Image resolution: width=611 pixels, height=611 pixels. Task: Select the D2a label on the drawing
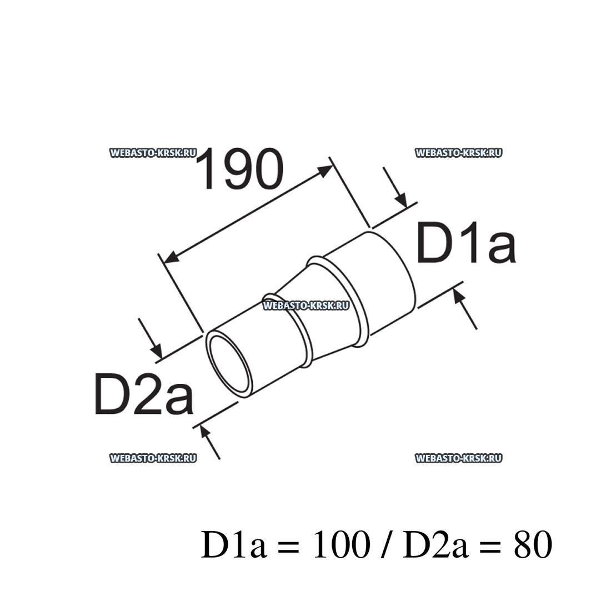[143, 394]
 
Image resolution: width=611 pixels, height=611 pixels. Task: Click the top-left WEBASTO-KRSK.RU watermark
[153, 153]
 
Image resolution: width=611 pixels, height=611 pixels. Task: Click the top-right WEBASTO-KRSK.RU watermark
[458, 153]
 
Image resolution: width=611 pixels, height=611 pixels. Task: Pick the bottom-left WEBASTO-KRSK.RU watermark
[153, 458]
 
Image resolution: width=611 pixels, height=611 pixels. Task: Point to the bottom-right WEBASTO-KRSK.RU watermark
[458, 458]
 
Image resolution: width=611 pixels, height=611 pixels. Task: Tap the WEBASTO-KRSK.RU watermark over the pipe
[306, 304]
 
